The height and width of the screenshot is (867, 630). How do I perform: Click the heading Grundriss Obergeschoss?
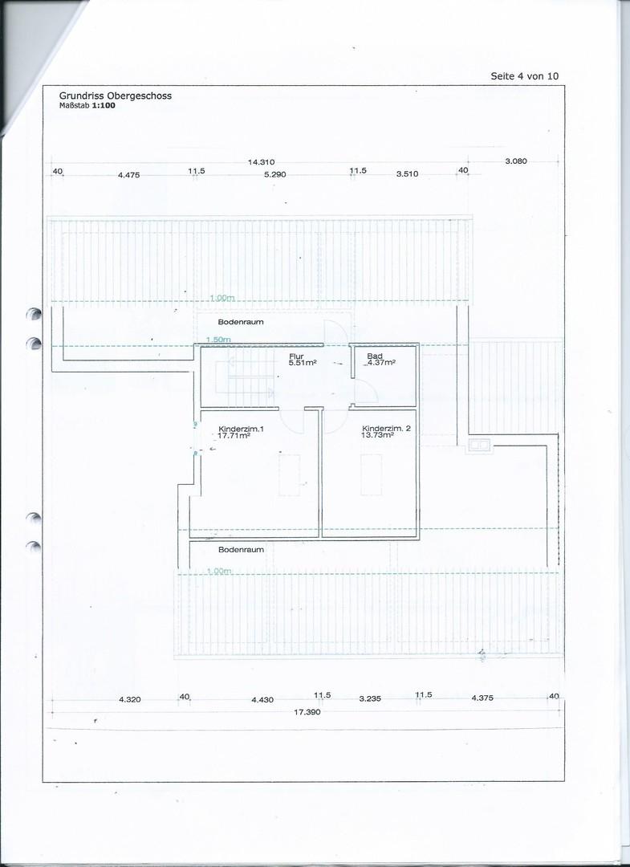point(116,96)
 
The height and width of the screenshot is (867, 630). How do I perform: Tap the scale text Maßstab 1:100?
point(87,105)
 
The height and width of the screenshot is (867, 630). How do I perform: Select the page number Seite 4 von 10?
point(524,76)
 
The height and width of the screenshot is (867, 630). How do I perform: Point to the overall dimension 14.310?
point(262,162)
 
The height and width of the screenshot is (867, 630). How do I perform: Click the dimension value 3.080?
point(516,161)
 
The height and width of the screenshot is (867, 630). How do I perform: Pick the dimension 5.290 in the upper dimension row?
point(274,174)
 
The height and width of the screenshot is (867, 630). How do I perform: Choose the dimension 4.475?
point(128,175)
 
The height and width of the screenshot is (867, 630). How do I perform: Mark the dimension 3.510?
point(407,173)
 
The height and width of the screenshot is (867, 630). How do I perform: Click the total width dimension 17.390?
point(307,711)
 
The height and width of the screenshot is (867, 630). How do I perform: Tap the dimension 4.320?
point(130,699)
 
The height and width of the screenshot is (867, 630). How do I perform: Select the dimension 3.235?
point(370,698)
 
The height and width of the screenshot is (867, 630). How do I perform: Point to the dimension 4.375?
point(482,698)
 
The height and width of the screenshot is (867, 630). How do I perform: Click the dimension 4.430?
point(262,699)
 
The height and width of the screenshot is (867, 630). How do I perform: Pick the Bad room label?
point(375,356)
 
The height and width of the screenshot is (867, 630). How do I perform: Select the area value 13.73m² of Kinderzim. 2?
point(377,434)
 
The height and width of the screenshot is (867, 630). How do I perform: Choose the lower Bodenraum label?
point(241,550)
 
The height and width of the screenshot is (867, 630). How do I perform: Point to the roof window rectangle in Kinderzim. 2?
point(372,474)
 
